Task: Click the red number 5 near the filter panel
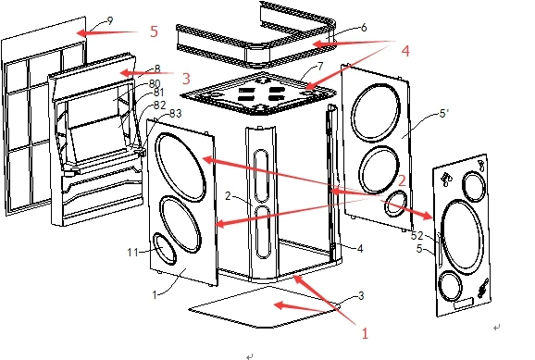coord(155,31)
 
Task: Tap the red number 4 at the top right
coord(405,51)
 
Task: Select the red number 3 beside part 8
coord(186,79)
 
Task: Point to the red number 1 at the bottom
coord(365,333)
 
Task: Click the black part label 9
coord(110,20)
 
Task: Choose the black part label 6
coord(364,27)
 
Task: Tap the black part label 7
coord(320,67)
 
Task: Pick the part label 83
coord(175,113)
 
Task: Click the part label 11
coord(132,253)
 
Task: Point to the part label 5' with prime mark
coord(443,113)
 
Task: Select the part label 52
coord(417,235)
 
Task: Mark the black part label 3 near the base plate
coord(361,295)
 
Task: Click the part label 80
coord(155,83)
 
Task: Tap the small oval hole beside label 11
coord(165,248)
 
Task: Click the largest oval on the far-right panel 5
coord(462,235)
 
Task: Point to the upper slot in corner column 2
coord(262,176)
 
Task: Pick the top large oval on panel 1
coord(180,168)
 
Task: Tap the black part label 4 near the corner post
coord(360,248)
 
